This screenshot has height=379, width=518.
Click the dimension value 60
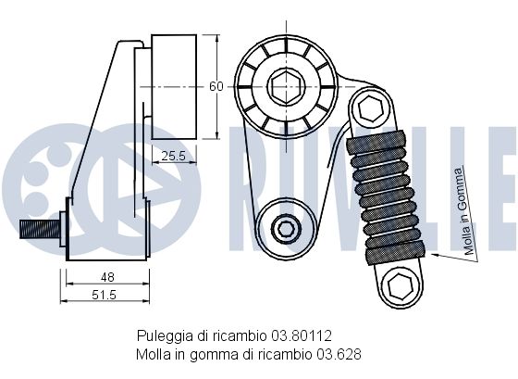click(216, 86)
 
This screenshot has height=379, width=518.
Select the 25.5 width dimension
click(174, 156)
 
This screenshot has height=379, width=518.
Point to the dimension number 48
click(107, 277)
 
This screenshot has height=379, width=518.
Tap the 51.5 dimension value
click(104, 295)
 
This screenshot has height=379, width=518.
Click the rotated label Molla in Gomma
click(466, 212)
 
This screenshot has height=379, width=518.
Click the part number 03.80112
click(302, 336)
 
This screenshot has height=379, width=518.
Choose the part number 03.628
click(339, 355)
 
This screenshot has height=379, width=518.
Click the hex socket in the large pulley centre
click(287, 87)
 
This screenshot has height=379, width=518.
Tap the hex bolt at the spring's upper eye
click(371, 107)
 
